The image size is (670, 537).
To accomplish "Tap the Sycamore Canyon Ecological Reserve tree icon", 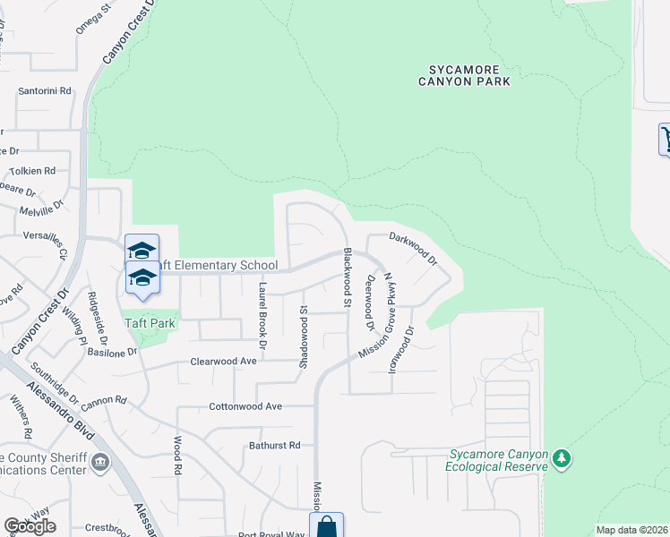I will coord(562,459).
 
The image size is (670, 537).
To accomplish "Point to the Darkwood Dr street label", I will coord(413,249).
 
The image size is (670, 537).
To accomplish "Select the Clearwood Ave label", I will coord(223,362).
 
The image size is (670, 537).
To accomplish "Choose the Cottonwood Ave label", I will coord(245,406).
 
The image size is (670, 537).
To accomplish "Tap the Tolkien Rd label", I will coord(32,170).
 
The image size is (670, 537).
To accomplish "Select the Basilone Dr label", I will coord(113,352).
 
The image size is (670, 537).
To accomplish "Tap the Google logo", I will coord(30,526).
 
